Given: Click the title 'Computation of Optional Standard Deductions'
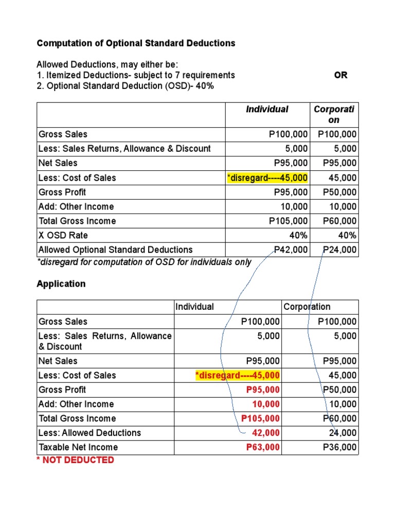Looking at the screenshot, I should [136, 43].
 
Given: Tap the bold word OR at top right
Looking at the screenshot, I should [340, 75].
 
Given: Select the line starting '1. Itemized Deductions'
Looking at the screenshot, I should [136, 75].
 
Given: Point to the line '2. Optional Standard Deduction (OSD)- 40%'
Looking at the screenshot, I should [125, 86].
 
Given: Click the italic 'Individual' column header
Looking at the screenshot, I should [267, 109].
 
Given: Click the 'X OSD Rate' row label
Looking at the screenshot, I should [63, 235].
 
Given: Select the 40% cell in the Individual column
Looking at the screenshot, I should [299, 235].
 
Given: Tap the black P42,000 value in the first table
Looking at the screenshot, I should [291, 250].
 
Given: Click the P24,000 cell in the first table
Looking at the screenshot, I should [339, 250].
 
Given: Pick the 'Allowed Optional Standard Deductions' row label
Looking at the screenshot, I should [116, 250].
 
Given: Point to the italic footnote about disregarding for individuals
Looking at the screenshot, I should [144, 262].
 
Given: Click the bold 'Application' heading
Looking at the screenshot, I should [61, 284].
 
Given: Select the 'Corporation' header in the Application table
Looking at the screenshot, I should [307, 307].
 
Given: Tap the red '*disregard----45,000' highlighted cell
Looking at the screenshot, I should [238, 375].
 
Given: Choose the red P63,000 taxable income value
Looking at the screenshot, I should [263, 447].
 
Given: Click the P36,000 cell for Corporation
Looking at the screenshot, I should [339, 447].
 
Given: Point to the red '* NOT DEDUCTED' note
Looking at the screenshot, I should [75, 460].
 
